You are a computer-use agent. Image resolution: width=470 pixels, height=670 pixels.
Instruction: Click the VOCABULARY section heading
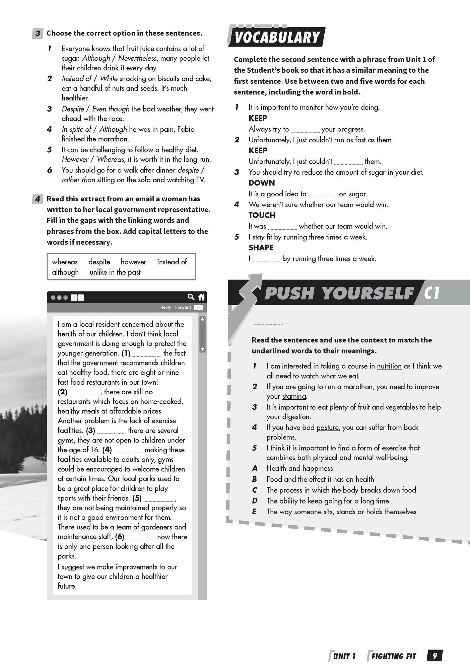pos(277,37)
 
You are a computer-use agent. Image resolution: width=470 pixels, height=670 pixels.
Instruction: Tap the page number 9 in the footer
pos(434,656)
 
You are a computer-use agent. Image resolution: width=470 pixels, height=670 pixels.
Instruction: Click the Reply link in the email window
pos(165,307)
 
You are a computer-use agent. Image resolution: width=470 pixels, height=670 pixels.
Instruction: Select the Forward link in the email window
pos(183,307)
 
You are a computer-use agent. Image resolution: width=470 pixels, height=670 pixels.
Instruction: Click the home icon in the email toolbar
pos(201,297)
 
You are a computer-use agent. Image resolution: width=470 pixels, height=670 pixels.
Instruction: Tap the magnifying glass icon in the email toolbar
pos(191,297)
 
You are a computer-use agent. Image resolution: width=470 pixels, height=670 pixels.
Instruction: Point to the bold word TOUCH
pos(262,215)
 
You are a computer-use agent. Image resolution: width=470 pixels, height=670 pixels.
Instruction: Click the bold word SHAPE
pos(261,248)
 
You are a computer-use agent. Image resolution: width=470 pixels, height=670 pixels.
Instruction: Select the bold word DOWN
pos(261,183)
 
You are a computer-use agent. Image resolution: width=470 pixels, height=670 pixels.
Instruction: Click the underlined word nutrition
pos(389,366)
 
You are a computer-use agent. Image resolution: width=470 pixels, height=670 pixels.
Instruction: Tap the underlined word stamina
pos(294,396)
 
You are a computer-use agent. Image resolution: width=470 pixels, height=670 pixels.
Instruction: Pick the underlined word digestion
pos(296,417)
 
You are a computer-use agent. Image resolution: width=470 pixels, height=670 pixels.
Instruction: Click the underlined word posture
pos(327,427)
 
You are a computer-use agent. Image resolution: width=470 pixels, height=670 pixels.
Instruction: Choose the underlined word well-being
pos(391,458)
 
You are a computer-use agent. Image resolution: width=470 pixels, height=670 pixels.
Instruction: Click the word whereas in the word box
pos(65,262)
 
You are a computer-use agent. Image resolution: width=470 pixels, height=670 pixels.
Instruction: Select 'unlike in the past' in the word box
pos(115,272)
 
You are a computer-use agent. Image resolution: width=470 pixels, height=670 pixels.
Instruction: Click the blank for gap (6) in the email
pos(141,537)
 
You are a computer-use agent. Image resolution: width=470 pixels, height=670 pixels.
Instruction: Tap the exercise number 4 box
pos(38,199)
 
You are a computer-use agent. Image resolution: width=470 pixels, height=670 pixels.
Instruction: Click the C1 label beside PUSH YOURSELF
pos(431,293)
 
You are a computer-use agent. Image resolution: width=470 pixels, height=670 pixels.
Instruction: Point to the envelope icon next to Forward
pos(198,307)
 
